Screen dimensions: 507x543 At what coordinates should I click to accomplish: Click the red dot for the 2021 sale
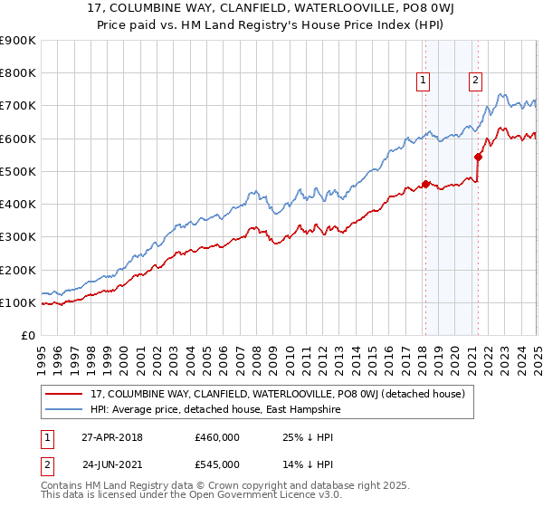coord(478,157)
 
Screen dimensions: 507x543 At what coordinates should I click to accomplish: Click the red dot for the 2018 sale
coord(425,185)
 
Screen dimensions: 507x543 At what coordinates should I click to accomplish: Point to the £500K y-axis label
coord(18,171)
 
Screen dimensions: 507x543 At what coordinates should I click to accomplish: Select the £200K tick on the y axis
coord(18,270)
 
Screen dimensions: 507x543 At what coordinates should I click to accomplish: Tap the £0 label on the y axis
coord(27,336)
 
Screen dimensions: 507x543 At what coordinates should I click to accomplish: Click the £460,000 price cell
coord(216,437)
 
